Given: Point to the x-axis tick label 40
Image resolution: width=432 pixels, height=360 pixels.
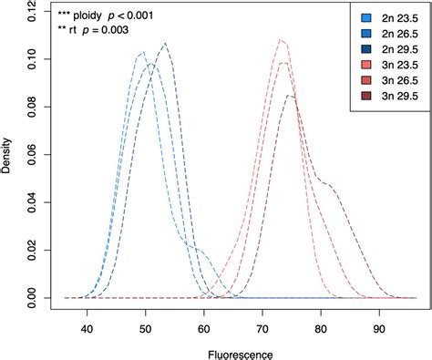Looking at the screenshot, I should pyautogui.click(x=87, y=322).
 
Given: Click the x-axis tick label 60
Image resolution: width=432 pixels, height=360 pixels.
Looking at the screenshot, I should pyautogui.click(x=204, y=322).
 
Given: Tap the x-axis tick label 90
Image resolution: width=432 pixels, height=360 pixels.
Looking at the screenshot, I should pyautogui.click(x=379, y=322).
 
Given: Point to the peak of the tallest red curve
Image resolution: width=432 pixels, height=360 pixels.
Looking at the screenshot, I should pyautogui.click(x=281, y=40).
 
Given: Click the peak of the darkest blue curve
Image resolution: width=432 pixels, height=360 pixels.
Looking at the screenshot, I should pyautogui.click(x=165, y=43).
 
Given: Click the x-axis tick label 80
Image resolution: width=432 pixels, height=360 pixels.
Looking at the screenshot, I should pyautogui.click(x=321, y=322).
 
